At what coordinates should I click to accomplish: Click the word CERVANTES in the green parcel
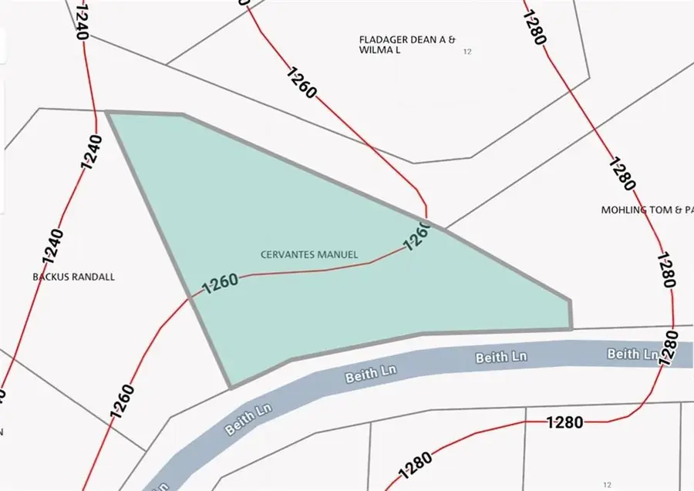click(287, 254)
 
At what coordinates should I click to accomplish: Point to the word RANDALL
click(93, 277)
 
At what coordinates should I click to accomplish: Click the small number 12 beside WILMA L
click(467, 52)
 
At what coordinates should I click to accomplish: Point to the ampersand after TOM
click(678, 210)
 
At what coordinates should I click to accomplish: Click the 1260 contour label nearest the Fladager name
click(301, 83)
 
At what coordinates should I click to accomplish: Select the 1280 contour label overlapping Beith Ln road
click(668, 349)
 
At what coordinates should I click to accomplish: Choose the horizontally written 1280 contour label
click(564, 422)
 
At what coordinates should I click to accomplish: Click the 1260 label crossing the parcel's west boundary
click(219, 284)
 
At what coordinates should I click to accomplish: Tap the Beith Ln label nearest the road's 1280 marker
click(632, 354)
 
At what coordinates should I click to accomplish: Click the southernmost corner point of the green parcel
click(230, 386)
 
